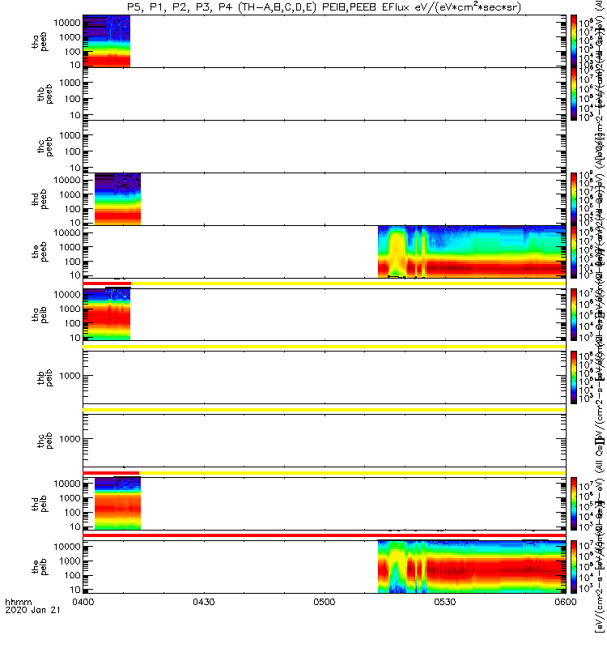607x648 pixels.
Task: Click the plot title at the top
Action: click(323, 7)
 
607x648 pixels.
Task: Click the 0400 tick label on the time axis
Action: click(83, 624)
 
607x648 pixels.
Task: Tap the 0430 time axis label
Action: click(203, 624)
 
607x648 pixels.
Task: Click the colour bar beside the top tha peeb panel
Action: click(574, 40)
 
